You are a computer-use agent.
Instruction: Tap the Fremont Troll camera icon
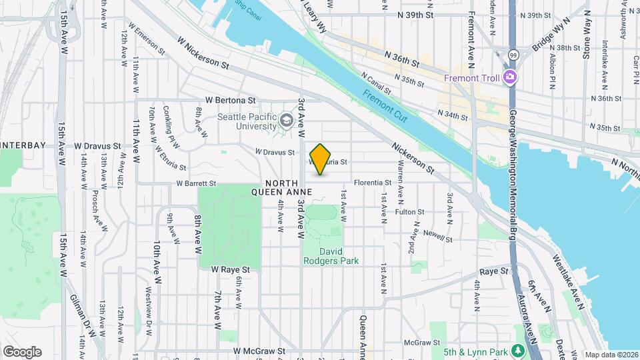click(510, 78)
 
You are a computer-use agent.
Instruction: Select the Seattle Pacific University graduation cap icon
click(287, 120)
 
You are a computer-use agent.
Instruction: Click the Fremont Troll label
click(472, 78)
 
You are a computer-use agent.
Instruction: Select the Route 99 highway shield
click(512, 54)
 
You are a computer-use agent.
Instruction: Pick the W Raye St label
click(230, 270)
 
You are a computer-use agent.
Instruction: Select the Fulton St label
click(409, 212)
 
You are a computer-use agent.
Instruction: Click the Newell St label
click(437, 238)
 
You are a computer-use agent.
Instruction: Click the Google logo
click(22, 351)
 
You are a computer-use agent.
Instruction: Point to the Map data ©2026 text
click(611, 355)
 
